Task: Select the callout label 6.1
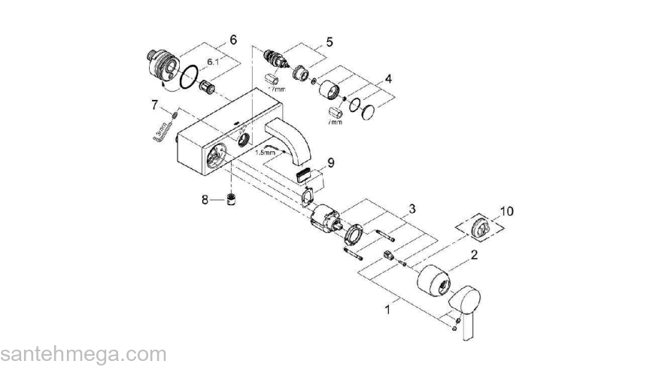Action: [214, 62]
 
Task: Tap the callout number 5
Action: [329, 42]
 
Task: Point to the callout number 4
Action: [388, 78]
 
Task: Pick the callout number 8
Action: [205, 200]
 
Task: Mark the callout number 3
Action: [412, 208]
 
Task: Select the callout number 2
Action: [474, 255]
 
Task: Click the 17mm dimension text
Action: [279, 88]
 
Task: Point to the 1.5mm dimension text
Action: [266, 153]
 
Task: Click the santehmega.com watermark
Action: [83, 354]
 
